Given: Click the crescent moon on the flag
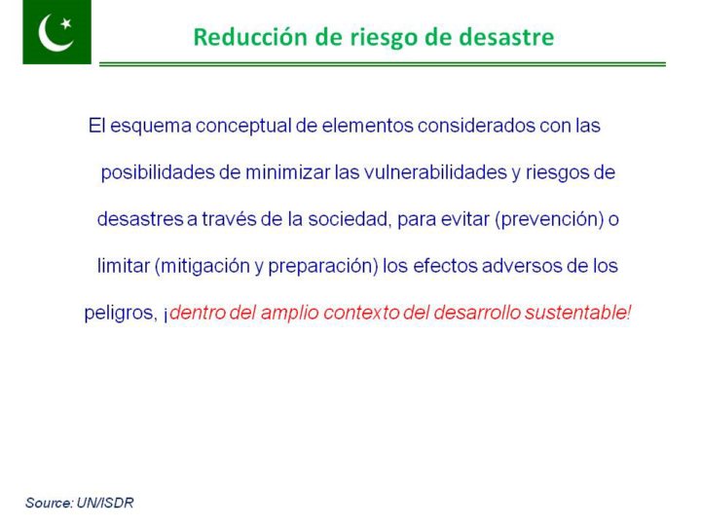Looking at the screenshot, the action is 50,37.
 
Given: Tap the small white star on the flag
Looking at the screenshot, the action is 66,23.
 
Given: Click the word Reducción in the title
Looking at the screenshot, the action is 251,37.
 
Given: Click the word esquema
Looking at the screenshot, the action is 151,127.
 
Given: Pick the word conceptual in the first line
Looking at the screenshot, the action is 243,127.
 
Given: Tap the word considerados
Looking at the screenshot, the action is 476,126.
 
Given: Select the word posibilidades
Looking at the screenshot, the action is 158,173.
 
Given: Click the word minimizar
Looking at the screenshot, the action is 288,172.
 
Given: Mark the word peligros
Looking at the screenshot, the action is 121,314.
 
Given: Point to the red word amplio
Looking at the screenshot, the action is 290,314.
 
